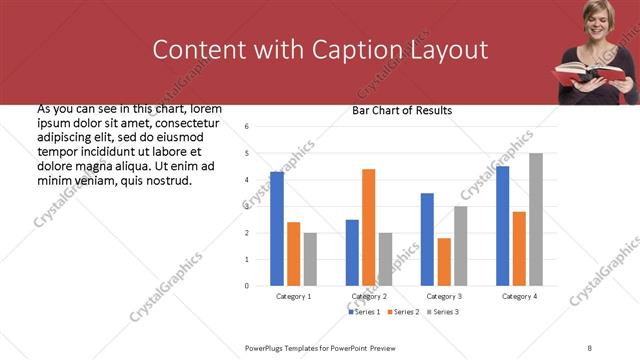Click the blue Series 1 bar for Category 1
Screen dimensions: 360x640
pos(277,229)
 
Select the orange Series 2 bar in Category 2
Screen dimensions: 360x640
pos(368,227)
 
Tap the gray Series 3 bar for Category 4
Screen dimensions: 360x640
pos(536,219)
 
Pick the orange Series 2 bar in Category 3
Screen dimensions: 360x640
pos(444,262)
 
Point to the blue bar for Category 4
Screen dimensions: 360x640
pos(502,226)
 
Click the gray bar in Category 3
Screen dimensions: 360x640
pos(460,246)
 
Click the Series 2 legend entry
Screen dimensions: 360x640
pos(403,313)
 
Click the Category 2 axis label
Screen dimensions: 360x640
pos(369,297)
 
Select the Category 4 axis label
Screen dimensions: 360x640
pos(519,297)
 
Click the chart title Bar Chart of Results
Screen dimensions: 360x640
pos(402,110)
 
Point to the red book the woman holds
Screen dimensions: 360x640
pos(590,72)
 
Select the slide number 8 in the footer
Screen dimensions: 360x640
pos(590,347)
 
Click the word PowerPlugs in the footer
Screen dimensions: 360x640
pos(268,347)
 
